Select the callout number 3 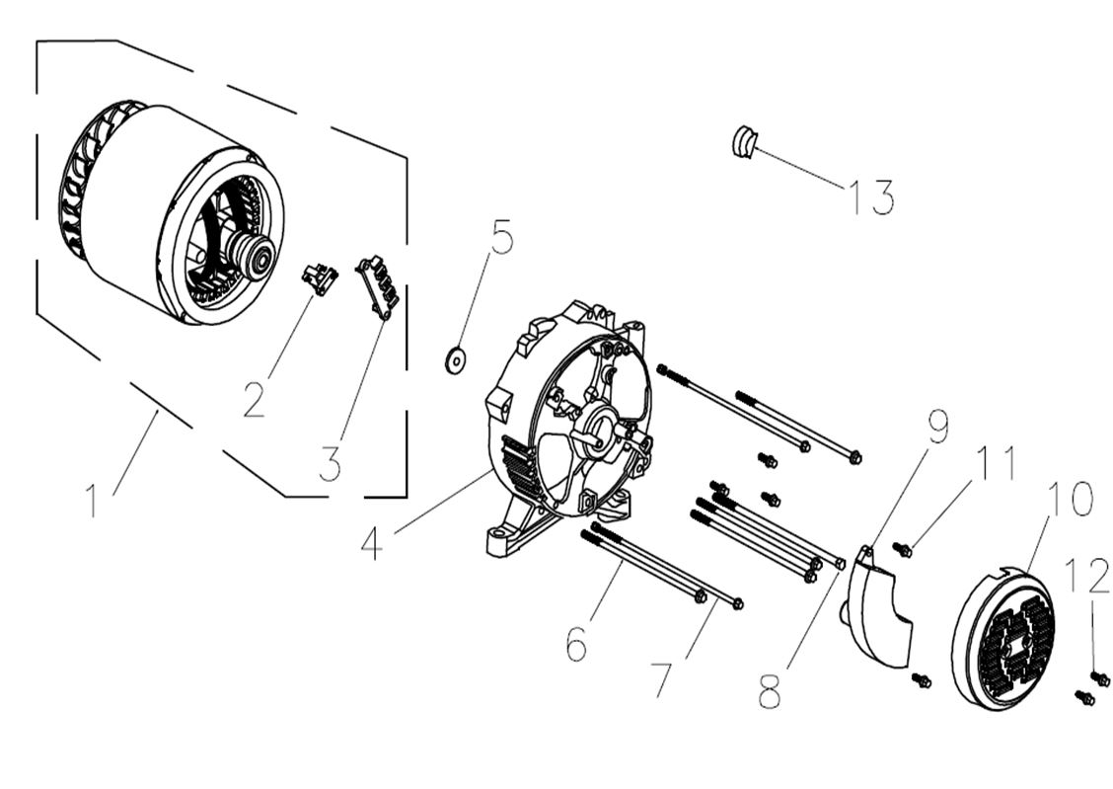tap(330, 462)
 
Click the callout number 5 tap(502, 238)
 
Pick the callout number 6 tap(576, 645)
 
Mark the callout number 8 tap(770, 692)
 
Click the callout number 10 tap(1070, 500)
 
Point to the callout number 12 tap(1089, 577)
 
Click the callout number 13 tap(871, 197)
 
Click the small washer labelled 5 tap(456, 360)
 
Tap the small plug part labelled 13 tap(742, 142)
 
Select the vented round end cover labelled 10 tap(1004, 638)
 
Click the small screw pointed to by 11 tap(902, 549)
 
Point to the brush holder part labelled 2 tap(319, 278)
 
